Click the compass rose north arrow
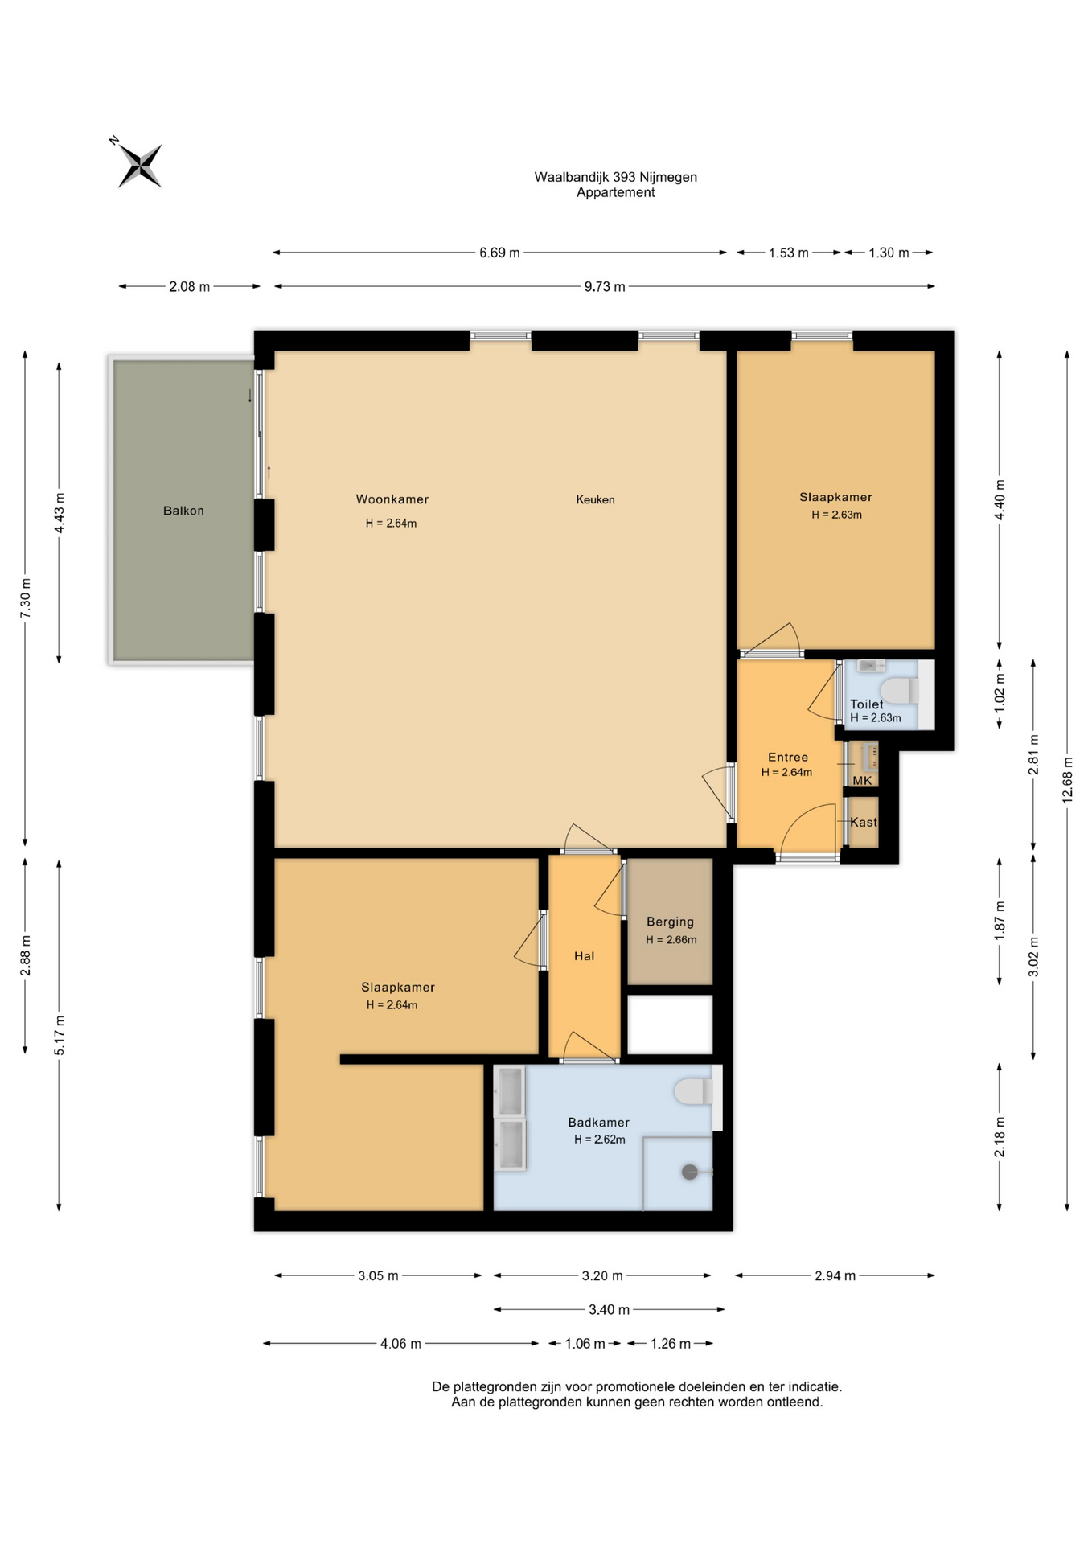(139, 165)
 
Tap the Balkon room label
(183, 511)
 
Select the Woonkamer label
(392, 499)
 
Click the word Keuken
(595, 499)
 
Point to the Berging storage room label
(670, 922)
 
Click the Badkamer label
(598, 1122)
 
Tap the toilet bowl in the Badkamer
(692, 1091)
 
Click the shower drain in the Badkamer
(690, 1172)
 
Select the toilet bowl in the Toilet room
(899, 691)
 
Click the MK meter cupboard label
(862, 780)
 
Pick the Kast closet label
(864, 822)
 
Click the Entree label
(787, 757)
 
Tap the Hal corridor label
(584, 955)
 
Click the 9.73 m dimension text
(605, 286)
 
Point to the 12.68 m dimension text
(1067, 780)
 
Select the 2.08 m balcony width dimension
(189, 286)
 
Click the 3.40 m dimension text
(609, 1309)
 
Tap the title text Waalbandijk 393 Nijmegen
(615, 177)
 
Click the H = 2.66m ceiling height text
(671, 939)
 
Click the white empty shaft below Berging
(670, 1025)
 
